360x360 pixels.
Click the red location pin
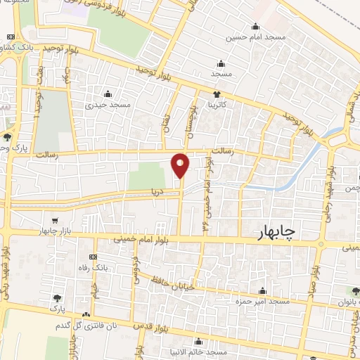181,165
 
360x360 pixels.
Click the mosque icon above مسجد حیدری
108,94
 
